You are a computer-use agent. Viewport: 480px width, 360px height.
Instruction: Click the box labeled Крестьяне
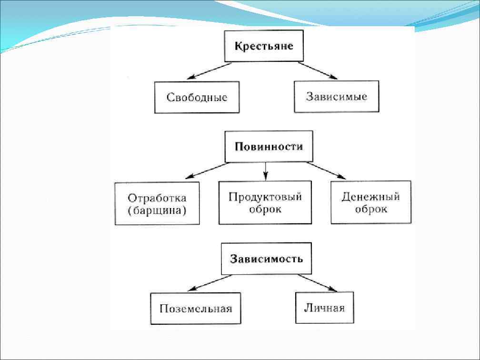[x=263, y=47]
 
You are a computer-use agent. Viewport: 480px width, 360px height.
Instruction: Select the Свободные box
[x=197, y=97]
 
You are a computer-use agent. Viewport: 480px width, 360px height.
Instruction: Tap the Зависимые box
[x=336, y=97]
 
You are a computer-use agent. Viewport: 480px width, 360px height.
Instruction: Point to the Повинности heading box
[x=269, y=147]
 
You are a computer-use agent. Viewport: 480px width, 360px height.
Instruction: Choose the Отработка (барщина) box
[x=157, y=203]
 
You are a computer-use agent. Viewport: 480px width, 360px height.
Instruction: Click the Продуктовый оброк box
[x=265, y=202]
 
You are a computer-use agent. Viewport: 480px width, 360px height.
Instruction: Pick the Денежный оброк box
[x=370, y=202]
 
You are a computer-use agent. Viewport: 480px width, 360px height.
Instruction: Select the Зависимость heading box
[x=266, y=259]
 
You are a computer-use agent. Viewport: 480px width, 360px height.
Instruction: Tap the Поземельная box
[x=196, y=309]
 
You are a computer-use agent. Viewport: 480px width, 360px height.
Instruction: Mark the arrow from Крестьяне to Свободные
[x=209, y=71]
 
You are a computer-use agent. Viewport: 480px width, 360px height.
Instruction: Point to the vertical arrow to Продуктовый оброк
[x=266, y=171]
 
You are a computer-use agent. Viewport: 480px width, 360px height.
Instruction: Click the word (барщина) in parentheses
[x=157, y=210]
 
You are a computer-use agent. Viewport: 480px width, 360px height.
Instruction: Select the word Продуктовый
[x=265, y=196]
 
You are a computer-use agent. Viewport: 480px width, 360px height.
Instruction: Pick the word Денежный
[x=370, y=196]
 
